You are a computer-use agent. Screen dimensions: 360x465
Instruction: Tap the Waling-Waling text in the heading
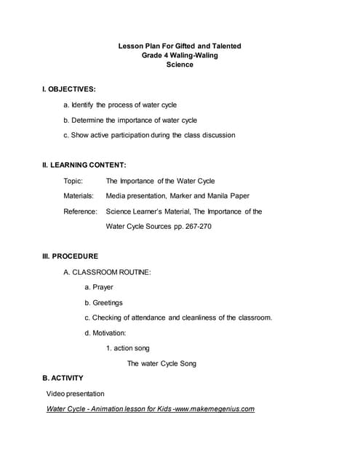[x=193, y=55]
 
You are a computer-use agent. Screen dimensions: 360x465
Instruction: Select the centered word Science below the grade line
[x=180, y=65]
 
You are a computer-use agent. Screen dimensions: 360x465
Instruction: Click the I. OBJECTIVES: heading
[x=68, y=89]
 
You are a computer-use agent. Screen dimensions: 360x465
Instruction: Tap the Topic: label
[x=73, y=181]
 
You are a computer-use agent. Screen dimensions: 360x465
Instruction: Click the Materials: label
[x=79, y=196]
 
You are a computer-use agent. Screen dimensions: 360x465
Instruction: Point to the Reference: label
[x=80, y=211]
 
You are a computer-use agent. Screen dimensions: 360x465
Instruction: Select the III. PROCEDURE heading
[x=70, y=256]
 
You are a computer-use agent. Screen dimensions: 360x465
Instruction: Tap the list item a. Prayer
[x=99, y=287]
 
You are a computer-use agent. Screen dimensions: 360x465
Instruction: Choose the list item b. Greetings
[x=103, y=302]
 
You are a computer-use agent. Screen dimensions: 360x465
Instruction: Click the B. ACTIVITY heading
[x=63, y=378]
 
